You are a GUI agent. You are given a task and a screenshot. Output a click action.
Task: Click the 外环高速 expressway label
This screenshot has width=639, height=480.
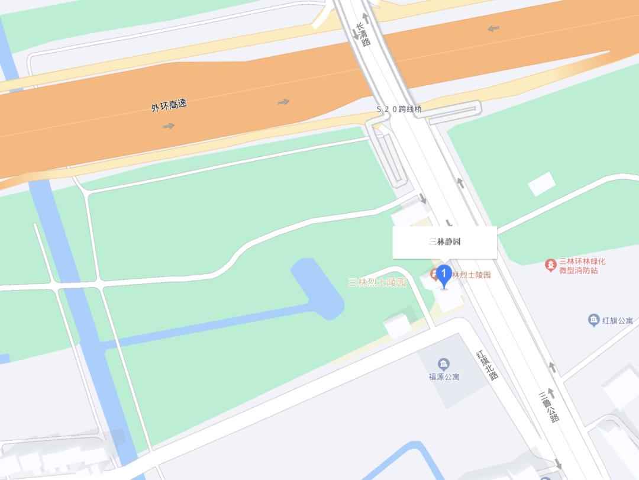169,106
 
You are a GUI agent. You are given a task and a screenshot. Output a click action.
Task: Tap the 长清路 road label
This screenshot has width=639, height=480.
363,34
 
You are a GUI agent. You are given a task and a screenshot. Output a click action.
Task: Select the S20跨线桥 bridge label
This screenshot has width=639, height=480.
400,109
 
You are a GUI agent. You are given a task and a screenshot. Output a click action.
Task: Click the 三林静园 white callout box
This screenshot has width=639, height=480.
444,242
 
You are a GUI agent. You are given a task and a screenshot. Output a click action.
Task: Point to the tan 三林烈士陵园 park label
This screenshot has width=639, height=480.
377,282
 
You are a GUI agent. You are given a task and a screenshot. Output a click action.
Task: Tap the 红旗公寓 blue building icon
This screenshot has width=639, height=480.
593,320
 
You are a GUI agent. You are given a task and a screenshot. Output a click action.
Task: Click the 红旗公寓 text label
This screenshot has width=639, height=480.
618,321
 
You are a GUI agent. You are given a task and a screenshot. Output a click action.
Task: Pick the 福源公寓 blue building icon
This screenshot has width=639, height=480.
444,364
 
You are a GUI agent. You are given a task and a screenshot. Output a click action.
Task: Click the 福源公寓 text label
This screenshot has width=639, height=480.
444,376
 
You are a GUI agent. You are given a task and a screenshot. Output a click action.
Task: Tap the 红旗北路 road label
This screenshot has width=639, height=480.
488,364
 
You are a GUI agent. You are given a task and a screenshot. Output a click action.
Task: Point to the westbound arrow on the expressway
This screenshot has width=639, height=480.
493,28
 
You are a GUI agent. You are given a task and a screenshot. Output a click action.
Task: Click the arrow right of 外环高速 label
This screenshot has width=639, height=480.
283,102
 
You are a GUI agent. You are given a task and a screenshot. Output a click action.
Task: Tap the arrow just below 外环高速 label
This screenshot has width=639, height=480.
169,125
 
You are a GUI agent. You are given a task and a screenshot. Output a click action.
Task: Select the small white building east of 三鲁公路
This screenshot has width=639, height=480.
541,184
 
